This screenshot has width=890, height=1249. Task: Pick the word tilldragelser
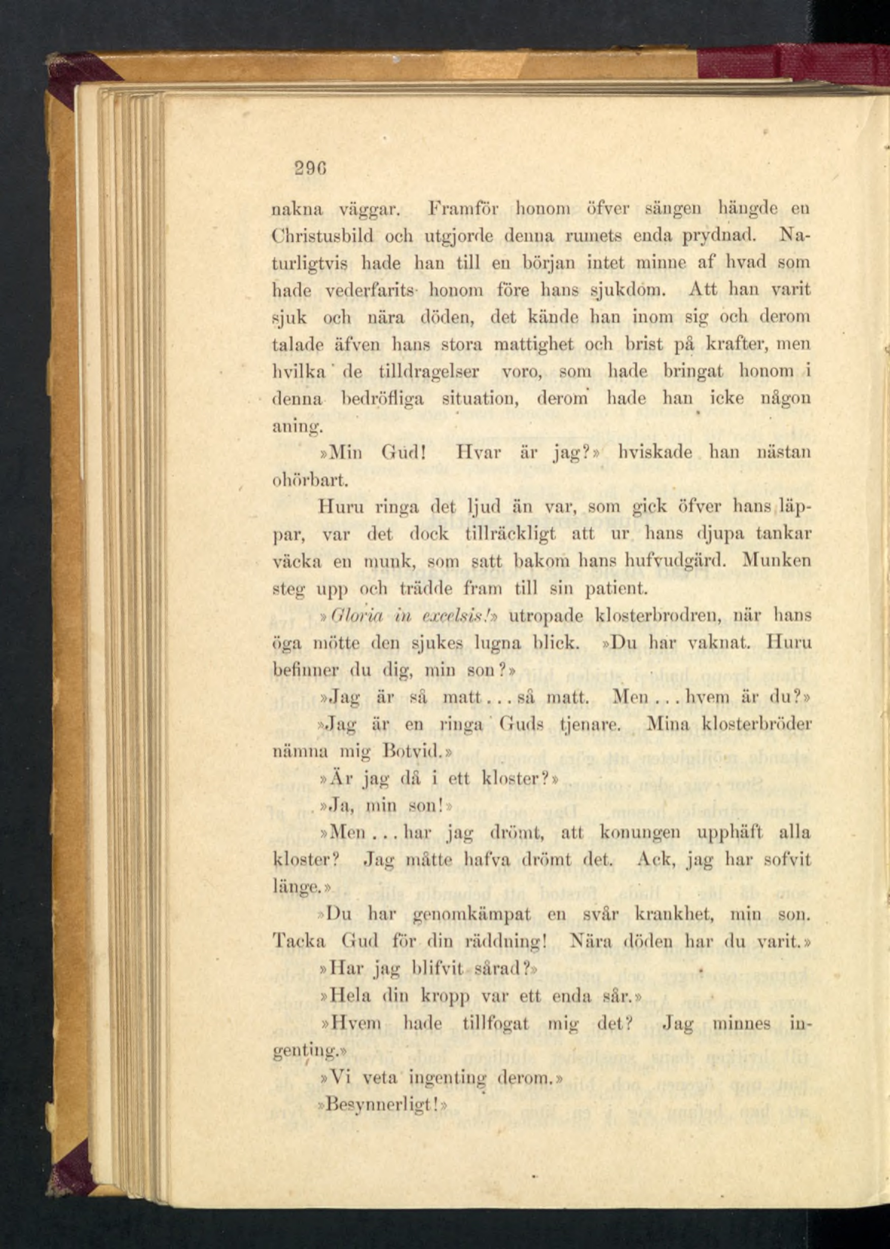click(x=429, y=371)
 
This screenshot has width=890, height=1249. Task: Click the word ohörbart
click(x=308, y=480)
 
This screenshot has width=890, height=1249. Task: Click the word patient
click(x=617, y=589)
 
